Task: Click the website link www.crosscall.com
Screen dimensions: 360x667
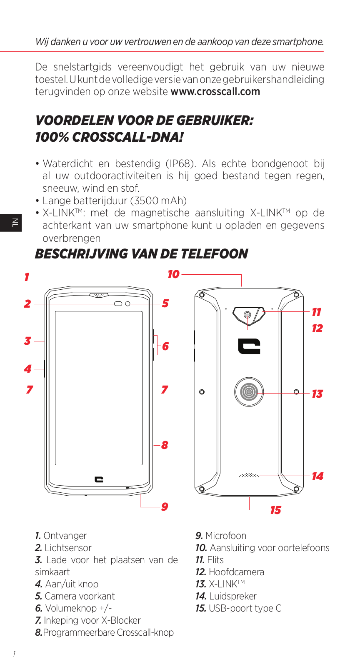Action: pos(215,92)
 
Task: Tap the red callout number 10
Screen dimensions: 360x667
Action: pos(173,274)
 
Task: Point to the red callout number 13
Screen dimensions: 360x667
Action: pos(317,394)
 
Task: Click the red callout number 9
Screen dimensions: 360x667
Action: pos(165,507)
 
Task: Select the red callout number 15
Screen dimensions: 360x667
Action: pos(275,510)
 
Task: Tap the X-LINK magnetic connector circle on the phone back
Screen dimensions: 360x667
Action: pos(249,392)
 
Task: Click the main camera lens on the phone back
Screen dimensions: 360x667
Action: pos(247,315)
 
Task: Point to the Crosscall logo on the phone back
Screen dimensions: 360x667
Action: pos(249,346)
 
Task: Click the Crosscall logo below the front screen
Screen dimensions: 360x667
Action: pos(99,479)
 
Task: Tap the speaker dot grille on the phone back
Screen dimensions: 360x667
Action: pos(249,475)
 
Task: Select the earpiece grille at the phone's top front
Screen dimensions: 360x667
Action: pos(99,295)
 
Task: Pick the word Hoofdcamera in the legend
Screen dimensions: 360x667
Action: pos(236,572)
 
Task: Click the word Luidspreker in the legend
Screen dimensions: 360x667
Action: pos(232,596)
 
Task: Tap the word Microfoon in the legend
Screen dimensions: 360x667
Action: pos(226,536)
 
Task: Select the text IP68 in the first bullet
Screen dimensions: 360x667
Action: pos(180,163)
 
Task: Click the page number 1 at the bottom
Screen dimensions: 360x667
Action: pos(14,654)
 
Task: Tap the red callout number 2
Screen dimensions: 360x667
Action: pos(27,304)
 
